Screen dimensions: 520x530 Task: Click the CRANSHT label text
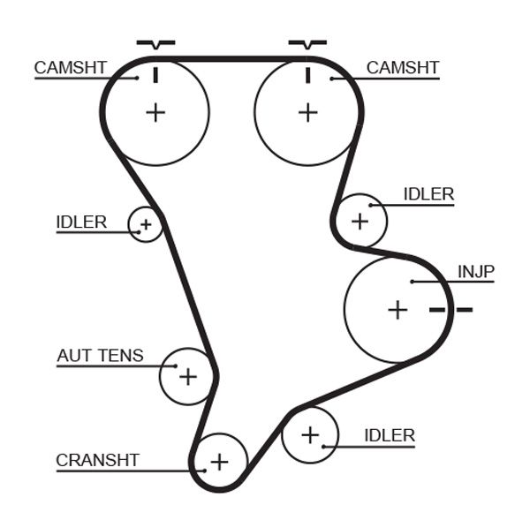(97, 459)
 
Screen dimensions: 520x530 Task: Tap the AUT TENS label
(100, 356)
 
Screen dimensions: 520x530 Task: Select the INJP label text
(476, 271)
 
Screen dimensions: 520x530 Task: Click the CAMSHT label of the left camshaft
(71, 68)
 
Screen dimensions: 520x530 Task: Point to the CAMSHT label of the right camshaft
(402, 68)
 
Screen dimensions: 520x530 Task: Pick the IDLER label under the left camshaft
(81, 222)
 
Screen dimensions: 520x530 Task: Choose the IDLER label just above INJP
(428, 194)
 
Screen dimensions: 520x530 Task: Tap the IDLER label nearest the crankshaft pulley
(389, 434)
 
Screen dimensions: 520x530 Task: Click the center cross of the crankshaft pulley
(219, 462)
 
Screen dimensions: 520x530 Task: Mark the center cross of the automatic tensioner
(187, 377)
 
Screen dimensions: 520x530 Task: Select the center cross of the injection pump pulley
(397, 310)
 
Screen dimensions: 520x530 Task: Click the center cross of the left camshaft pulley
(155, 112)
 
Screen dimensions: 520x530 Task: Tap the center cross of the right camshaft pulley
(307, 112)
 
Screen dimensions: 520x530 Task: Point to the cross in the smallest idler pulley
(146, 225)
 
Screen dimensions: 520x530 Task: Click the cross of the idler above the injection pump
(360, 220)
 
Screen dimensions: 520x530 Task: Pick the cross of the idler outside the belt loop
(310, 434)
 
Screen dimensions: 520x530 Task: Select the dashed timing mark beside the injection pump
(450, 309)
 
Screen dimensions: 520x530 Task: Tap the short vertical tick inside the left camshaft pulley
(155, 75)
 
